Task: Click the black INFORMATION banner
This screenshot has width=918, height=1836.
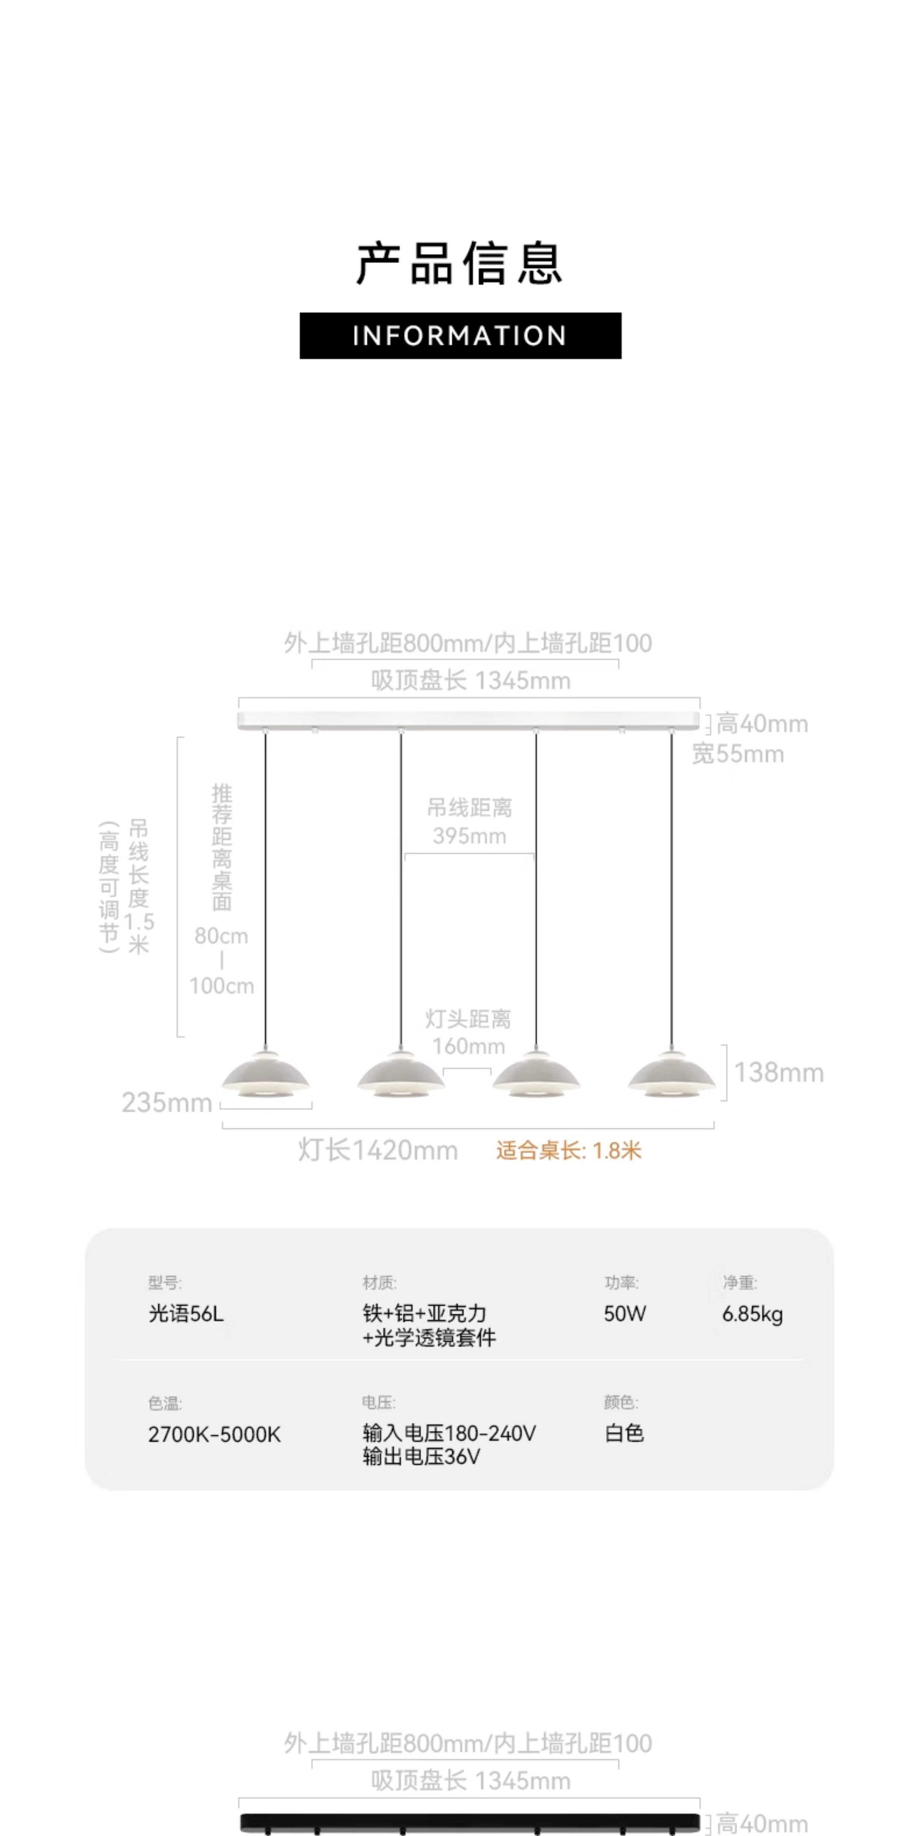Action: click(460, 336)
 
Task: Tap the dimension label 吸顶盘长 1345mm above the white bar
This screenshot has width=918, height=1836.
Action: click(470, 681)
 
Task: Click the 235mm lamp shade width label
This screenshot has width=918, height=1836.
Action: click(167, 1103)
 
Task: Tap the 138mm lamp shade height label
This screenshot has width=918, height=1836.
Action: click(779, 1073)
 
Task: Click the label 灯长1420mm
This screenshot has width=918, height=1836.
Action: click(378, 1150)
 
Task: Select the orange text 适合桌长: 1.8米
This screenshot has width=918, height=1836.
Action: click(569, 1150)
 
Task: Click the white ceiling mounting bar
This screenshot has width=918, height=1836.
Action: click(468, 721)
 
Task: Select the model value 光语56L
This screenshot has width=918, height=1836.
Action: click(186, 1314)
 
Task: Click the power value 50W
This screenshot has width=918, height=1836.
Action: click(625, 1314)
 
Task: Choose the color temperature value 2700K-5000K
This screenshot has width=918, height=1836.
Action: click(215, 1434)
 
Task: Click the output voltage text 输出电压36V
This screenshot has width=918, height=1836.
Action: click(421, 1457)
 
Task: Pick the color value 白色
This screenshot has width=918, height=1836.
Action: click(624, 1433)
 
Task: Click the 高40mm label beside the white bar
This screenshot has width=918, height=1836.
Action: click(762, 724)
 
